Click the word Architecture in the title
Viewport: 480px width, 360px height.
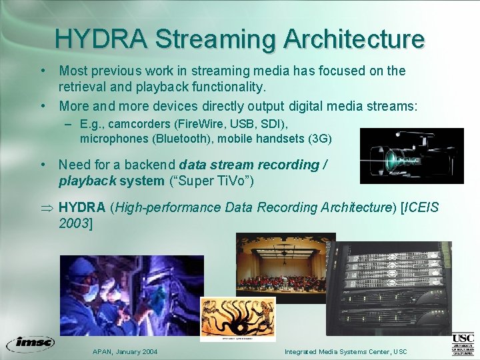click(x=353, y=38)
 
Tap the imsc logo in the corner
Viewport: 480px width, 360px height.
click(x=30, y=344)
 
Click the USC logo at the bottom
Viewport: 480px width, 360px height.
click(x=463, y=344)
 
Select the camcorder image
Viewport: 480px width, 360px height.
click(x=411, y=155)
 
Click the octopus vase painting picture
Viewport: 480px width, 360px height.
click(x=238, y=319)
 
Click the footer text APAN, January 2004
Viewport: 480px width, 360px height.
click(x=124, y=351)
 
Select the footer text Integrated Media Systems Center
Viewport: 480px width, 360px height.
click(x=337, y=351)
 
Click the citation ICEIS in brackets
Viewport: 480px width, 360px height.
click(x=419, y=207)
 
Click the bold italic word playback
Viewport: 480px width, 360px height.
click(x=87, y=181)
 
